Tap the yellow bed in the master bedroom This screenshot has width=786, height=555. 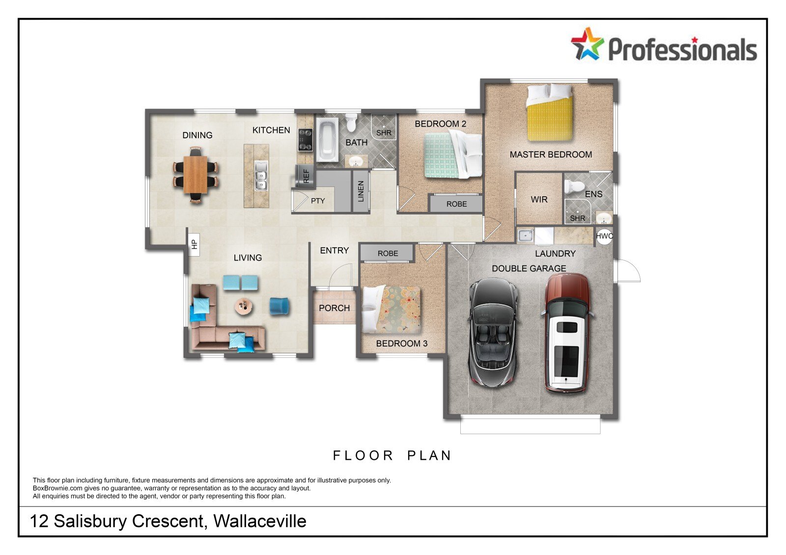pyautogui.click(x=550, y=113)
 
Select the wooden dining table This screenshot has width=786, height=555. pyautogui.click(x=195, y=175)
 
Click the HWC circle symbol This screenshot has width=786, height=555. pyautogui.click(x=604, y=236)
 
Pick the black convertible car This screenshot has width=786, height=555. pyautogui.click(x=493, y=332)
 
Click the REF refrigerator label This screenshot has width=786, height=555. pyautogui.click(x=306, y=176)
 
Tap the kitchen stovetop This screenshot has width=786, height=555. pyautogui.click(x=305, y=140)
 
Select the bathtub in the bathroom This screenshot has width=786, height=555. pyautogui.click(x=327, y=139)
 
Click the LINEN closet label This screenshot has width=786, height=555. pyautogui.click(x=361, y=191)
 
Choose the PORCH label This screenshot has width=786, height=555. pyautogui.click(x=334, y=308)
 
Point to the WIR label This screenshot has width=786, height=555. pyautogui.click(x=539, y=200)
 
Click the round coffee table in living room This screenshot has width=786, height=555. pyautogui.click(x=244, y=306)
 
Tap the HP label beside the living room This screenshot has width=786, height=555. pyautogui.click(x=194, y=244)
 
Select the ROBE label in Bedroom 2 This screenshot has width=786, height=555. pyautogui.click(x=456, y=204)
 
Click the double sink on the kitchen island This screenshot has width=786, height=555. pyautogui.click(x=261, y=176)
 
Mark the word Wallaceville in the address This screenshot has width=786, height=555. pyautogui.click(x=260, y=521)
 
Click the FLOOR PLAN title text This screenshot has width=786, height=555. pyautogui.click(x=392, y=455)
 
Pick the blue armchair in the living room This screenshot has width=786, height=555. pyautogui.click(x=280, y=306)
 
